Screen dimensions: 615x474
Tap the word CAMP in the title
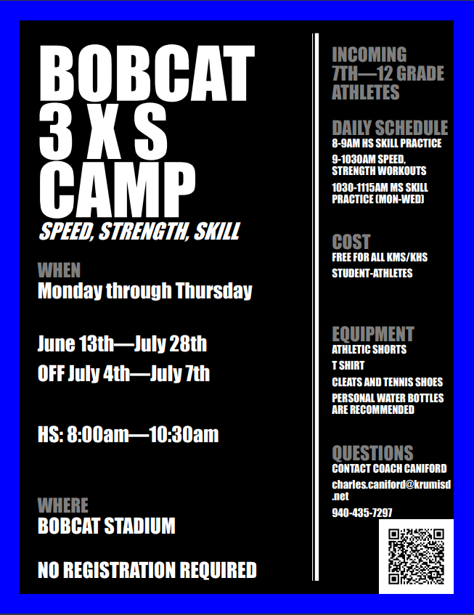coord(117,190)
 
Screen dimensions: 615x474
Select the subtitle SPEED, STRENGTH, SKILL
coord(138,232)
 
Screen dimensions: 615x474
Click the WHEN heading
coord(59,271)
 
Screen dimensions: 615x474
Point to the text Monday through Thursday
coord(144,291)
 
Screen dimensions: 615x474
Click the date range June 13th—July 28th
coord(122,343)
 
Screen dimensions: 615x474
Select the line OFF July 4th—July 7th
coord(123,374)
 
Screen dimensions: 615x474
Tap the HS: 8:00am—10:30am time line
coord(128,435)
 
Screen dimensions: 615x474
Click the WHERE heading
coord(62,505)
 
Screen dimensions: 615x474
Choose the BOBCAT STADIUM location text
coord(106,525)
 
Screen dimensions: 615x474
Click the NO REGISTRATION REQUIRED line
coord(147,570)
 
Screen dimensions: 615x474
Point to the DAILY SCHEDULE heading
coord(390,128)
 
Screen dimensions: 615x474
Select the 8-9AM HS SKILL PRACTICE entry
coord(386,144)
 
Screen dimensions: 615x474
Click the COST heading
coord(351,242)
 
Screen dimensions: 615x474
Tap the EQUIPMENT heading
coord(372,334)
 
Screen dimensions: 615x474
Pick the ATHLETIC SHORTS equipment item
coord(369,350)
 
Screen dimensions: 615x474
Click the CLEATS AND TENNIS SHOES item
coord(387,382)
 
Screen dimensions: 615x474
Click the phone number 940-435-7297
coord(361,513)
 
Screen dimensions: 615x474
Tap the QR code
coord(416,556)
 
